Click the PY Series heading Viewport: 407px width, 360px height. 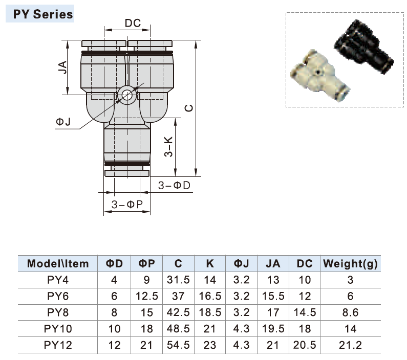(x=42, y=14)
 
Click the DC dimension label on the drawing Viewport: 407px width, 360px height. (x=133, y=23)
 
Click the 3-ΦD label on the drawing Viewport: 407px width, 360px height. (x=174, y=185)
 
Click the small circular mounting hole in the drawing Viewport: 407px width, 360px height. (x=126, y=95)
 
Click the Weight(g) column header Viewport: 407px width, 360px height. (x=350, y=264)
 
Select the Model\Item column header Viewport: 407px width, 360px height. (x=58, y=264)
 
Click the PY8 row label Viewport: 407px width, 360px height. (x=58, y=312)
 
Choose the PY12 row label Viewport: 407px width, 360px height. (x=58, y=345)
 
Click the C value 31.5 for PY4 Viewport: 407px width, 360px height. (x=178, y=280)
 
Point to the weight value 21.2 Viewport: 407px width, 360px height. (x=350, y=345)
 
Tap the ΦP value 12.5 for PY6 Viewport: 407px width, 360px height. (x=147, y=297)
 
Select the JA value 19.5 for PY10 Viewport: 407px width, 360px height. (x=273, y=329)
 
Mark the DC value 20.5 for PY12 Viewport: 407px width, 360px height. (x=305, y=345)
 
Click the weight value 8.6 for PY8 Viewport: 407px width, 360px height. (x=350, y=312)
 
